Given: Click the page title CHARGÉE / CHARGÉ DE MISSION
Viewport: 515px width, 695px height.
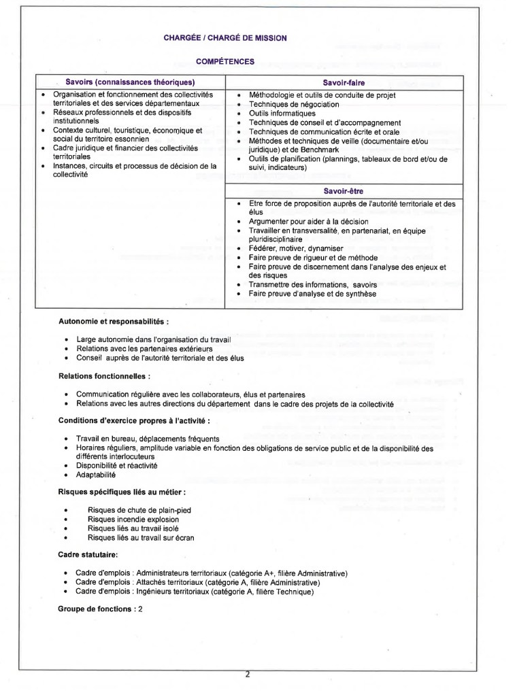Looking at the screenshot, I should pos(225,38).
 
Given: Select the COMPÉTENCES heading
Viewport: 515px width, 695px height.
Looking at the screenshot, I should pos(225,61).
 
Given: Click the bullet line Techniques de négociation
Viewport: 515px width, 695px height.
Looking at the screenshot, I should pos(294,105).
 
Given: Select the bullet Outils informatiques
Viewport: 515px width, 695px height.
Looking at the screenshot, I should pos(282,114).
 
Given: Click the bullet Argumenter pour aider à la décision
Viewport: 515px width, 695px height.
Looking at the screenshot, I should pos(308,222).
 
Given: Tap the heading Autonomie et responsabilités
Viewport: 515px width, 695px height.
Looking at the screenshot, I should pos(114,320).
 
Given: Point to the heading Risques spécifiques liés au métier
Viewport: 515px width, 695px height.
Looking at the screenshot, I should pos(122,491).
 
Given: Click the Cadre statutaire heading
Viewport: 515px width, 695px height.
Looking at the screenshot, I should pos(88,556).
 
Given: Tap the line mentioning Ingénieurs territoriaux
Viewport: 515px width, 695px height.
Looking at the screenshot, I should pos(195,592).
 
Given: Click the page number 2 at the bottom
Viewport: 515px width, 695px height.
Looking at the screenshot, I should pos(248,675).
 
